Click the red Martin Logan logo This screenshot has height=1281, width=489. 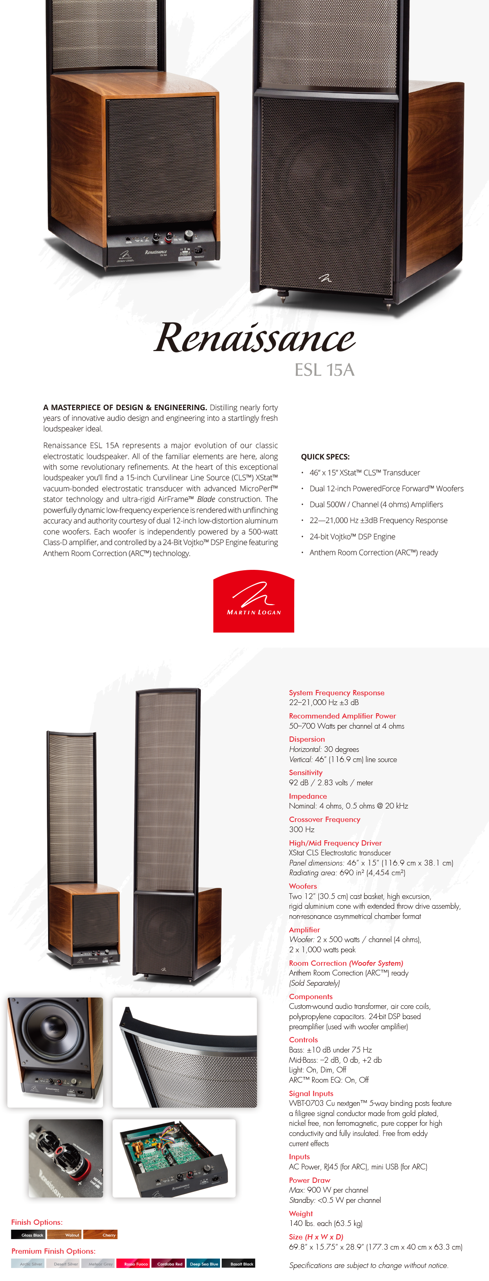(254, 601)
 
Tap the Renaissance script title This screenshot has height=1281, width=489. (254, 338)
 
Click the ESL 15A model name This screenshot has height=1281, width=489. (324, 370)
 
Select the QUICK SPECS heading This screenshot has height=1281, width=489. (325, 457)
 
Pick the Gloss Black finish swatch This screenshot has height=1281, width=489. (29, 1235)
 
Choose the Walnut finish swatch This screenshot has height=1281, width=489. (64, 1235)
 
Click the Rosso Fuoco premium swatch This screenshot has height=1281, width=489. (133, 1263)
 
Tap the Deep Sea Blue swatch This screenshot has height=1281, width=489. (203, 1263)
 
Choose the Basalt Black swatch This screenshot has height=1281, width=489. (239, 1263)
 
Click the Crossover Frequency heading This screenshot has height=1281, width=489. (324, 819)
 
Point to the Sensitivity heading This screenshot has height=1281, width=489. (306, 772)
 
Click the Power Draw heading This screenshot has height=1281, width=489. (309, 1180)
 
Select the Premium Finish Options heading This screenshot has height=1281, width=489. (53, 1251)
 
